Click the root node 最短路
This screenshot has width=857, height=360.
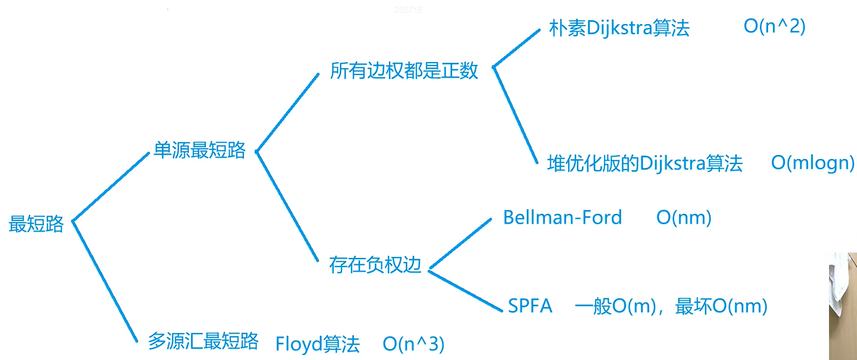36,225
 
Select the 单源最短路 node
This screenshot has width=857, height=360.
199,151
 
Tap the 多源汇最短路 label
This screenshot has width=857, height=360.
203,341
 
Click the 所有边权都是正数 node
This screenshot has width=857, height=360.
404,71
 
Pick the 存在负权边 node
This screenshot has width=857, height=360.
375,265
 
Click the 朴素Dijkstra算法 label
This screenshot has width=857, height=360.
619,29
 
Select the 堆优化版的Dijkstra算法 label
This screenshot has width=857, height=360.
645,163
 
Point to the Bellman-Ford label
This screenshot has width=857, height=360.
562,217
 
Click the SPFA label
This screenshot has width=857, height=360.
530,306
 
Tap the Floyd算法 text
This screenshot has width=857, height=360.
317,344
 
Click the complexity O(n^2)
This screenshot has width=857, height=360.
774,27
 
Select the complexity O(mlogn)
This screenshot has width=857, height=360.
813,163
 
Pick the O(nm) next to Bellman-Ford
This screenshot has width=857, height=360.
683,218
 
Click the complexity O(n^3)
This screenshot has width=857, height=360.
414,344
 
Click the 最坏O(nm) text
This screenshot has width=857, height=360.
721,306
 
